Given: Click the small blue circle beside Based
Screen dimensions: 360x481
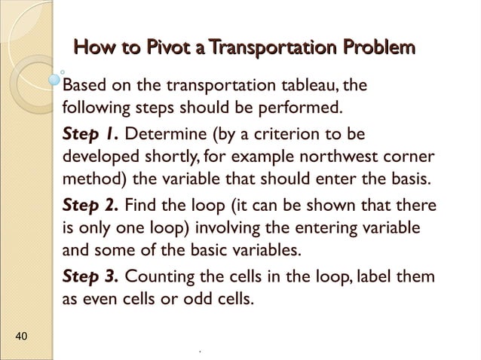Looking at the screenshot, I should click(x=54, y=78).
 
